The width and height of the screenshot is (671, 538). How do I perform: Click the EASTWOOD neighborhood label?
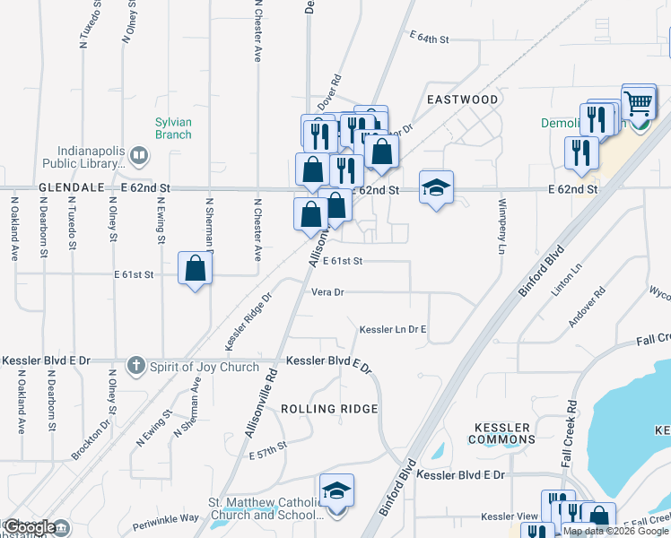(461, 99)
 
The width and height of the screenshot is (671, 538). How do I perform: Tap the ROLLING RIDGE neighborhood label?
(329, 409)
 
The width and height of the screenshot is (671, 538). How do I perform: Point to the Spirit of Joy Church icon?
(135, 364)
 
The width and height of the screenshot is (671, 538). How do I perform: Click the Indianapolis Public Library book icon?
(138, 157)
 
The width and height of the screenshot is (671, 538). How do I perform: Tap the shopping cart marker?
(638, 103)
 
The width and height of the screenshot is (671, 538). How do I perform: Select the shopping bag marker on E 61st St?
(195, 268)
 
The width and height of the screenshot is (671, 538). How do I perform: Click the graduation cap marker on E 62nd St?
(436, 187)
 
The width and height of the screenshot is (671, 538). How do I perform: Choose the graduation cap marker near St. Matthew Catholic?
(336, 491)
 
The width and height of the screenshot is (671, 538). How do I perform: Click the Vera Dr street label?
(327, 292)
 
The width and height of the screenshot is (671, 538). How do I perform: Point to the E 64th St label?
(428, 39)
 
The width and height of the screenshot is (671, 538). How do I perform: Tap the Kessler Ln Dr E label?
(392, 330)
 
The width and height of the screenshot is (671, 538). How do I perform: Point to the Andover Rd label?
(588, 307)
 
